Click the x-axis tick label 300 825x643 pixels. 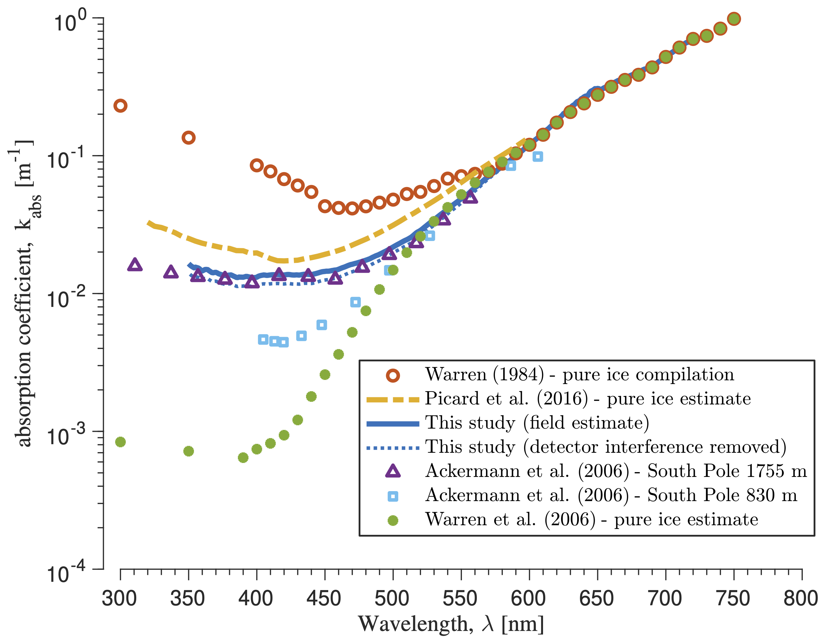point(119,599)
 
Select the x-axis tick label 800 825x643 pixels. point(801,599)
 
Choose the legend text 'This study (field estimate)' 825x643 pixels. point(537,423)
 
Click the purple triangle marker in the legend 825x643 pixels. point(393,471)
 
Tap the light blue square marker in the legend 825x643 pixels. point(393,496)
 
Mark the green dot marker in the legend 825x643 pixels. point(393,521)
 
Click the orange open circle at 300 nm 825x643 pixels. point(120,106)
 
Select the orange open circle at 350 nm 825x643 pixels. point(189,138)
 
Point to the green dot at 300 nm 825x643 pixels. point(120,442)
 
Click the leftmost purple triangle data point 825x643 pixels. point(135,265)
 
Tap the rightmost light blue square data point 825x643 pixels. point(538,157)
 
